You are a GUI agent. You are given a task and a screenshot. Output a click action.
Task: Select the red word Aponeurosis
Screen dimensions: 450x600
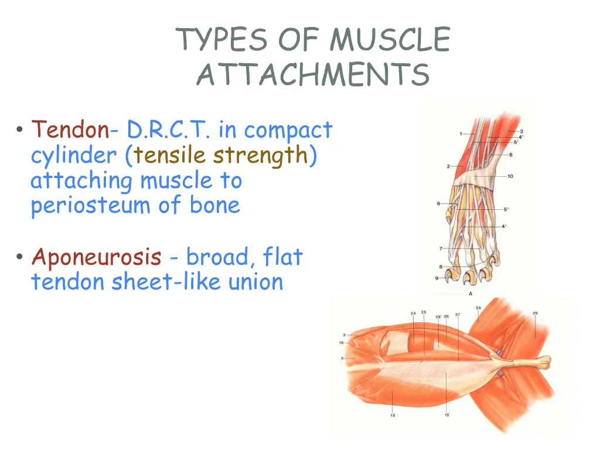coord(97,257)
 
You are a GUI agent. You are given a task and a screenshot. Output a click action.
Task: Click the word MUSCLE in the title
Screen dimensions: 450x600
coord(390,40)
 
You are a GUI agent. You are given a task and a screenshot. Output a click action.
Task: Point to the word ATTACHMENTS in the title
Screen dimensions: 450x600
coord(313,75)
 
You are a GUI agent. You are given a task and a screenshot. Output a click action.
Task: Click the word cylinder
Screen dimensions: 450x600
coord(73,156)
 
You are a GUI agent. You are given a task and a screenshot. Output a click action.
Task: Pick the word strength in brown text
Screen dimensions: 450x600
coord(260,155)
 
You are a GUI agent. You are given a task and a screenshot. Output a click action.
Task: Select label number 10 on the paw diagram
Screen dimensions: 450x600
coord(510,176)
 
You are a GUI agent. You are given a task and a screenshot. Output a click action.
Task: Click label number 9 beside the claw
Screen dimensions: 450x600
coord(437,278)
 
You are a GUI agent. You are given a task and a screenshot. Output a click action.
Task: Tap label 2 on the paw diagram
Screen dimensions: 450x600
coord(448,166)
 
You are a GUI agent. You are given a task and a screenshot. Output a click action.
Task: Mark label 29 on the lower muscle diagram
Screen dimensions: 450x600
coord(535,313)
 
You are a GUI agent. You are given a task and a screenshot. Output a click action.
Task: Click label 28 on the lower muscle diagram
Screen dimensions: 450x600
coord(478,308)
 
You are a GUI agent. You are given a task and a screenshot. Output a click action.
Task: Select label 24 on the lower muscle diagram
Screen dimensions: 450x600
coord(413,313)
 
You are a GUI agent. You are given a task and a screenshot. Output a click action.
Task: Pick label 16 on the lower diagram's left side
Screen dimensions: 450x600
coord(341,342)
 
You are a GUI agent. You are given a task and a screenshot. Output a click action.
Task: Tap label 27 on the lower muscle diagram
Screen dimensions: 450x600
coord(458,315)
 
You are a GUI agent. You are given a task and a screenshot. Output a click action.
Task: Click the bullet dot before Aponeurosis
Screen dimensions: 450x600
coord(20,257)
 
